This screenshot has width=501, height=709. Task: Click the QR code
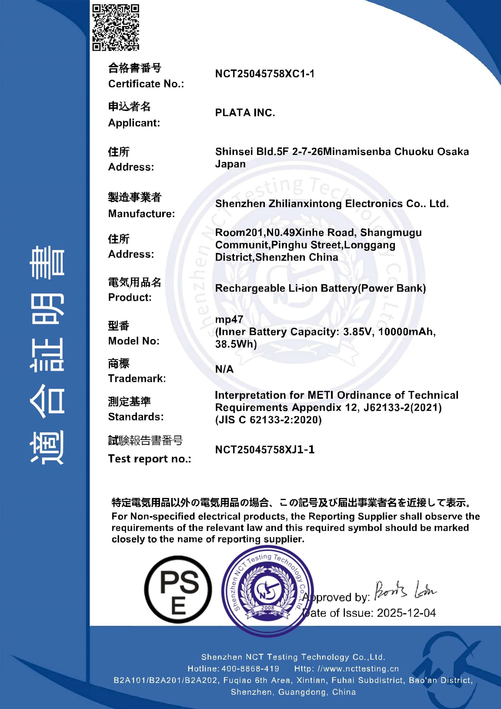(116, 27)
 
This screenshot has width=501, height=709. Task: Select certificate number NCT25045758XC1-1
(265, 74)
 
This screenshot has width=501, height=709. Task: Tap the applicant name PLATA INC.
(245, 113)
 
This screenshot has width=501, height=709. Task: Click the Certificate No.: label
(146, 84)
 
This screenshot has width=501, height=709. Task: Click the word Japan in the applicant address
(230, 164)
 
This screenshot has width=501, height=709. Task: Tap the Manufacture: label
(141, 213)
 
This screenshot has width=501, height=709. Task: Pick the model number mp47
(229, 319)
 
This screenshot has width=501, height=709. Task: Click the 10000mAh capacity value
(407, 332)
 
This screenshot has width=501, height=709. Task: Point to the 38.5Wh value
(236, 344)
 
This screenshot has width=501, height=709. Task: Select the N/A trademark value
(224, 369)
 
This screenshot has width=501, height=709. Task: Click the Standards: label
(136, 417)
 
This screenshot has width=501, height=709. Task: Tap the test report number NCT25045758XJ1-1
(265, 450)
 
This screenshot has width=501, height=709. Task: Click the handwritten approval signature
(405, 590)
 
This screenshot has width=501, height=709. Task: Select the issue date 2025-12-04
(406, 613)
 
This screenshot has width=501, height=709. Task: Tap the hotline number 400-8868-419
(250, 668)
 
